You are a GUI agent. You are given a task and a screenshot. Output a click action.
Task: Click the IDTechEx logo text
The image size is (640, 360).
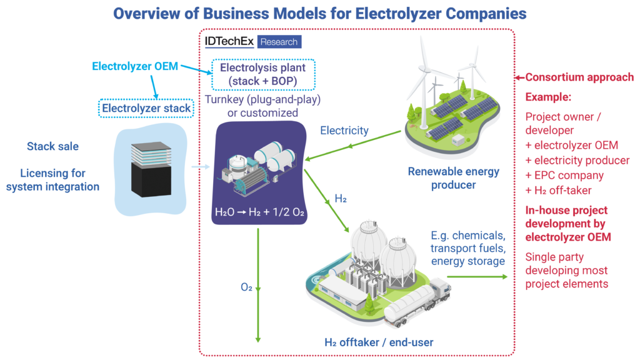click(x=229, y=42)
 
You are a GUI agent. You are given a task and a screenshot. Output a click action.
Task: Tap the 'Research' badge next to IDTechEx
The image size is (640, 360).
click(x=279, y=42)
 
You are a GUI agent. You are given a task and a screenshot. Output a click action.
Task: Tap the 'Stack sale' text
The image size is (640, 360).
click(x=53, y=146)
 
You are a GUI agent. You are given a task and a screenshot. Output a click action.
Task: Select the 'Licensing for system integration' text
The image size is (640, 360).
click(x=53, y=179)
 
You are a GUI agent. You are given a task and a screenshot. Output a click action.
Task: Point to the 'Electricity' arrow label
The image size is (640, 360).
click(x=344, y=131)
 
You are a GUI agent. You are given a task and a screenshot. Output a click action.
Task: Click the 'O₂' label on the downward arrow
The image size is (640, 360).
click(x=246, y=287)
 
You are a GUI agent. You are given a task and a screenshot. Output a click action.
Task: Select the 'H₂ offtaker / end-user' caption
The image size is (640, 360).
click(x=379, y=342)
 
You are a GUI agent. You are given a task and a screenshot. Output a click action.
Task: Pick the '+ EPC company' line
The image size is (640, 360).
click(x=564, y=175)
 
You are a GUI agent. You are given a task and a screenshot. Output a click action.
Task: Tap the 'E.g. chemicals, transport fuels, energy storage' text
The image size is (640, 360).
click(x=467, y=248)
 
